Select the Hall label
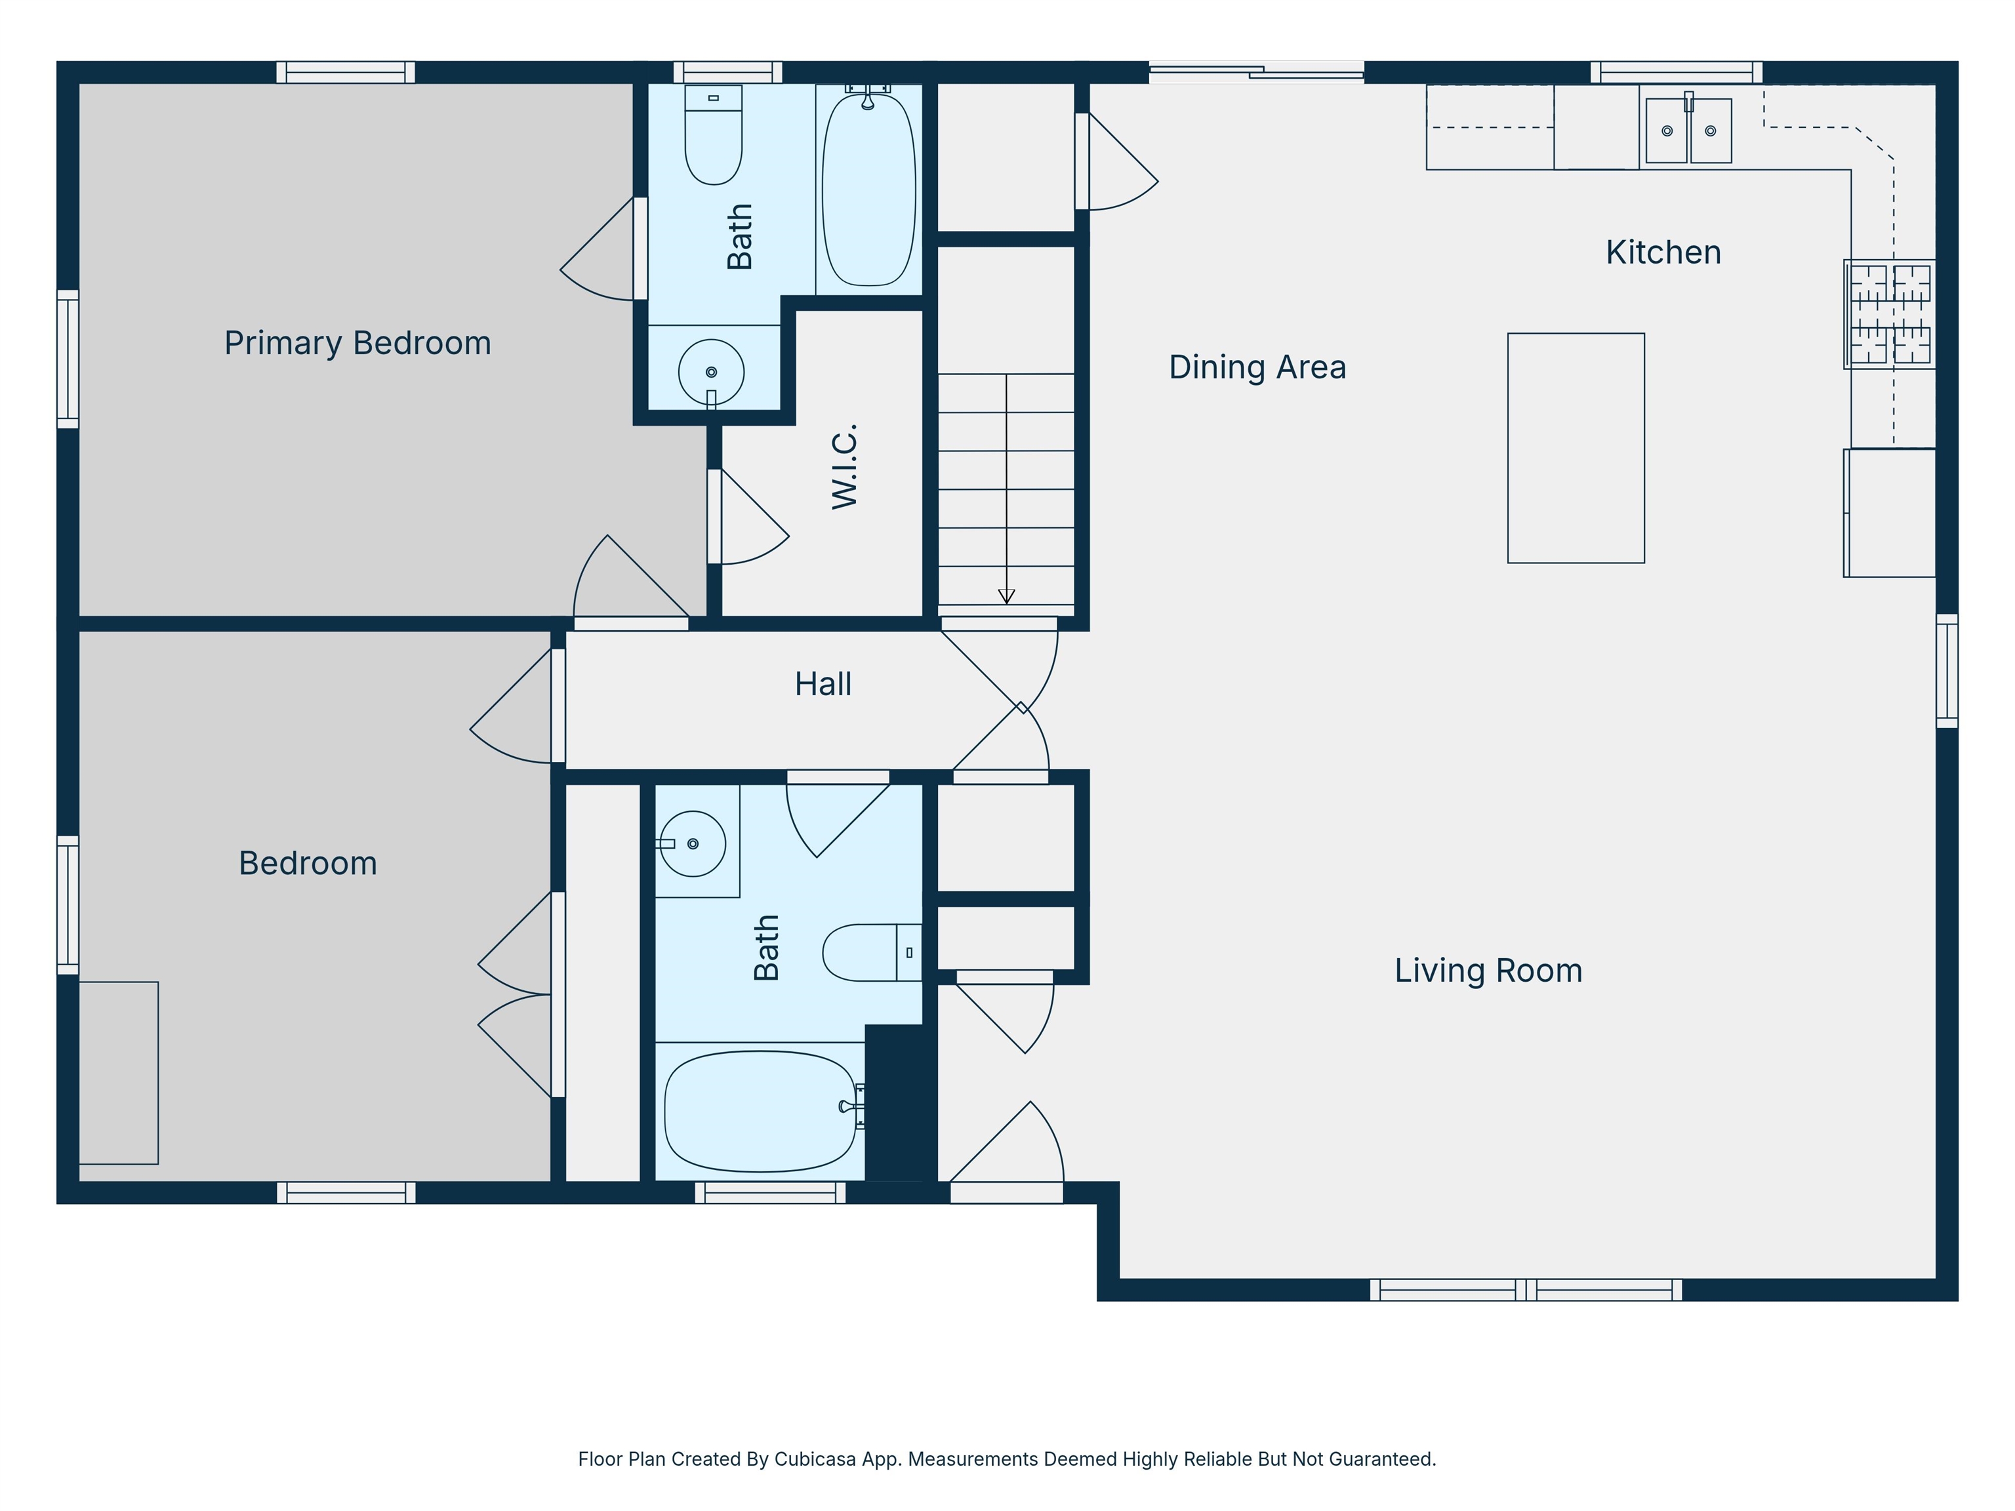pos(823,684)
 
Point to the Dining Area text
pos(1257,367)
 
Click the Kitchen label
pos(1663,252)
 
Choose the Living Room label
pos(1488,970)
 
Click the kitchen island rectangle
pos(1576,448)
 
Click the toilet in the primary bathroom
pos(713,136)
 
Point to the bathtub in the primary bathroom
pos(869,191)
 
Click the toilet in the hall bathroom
pos(870,953)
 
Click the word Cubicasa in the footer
pos(815,1459)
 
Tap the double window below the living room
pos(1526,1290)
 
